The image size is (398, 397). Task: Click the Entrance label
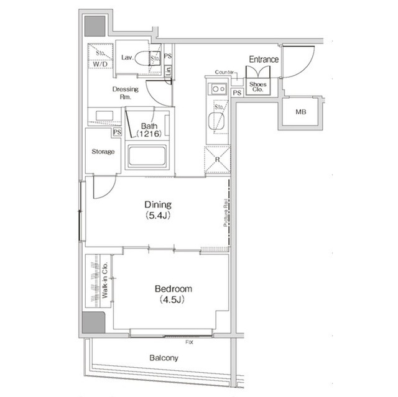(264, 59)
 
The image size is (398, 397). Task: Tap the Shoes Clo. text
(256, 86)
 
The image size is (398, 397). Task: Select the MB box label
(300, 112)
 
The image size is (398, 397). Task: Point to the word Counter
(224, 73)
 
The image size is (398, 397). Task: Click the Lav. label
(127, 58)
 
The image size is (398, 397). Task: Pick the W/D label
(99, 64)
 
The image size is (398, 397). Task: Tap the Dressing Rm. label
(125, 93)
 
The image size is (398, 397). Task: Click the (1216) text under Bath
(149, 134)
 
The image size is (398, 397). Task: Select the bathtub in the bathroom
(147, 157)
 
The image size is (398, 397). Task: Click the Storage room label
(102, 152)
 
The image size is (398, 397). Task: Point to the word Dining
(158, 204)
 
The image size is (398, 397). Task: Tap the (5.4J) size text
(158, 216)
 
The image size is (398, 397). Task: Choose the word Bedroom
(173, 289)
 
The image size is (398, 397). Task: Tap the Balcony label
(164, 358)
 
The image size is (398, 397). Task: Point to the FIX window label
(188, 342)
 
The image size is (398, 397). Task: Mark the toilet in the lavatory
(144, 58)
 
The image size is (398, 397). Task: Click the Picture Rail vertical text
(224, 214)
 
